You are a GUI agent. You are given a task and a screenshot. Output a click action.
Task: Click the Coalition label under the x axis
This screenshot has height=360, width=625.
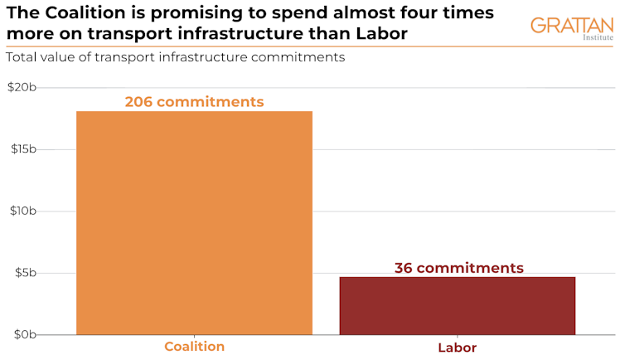pyautogui.click(x=194, y=347)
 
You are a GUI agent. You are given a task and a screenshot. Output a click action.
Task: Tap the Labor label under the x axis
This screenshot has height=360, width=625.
pyautogui.click(x=457, y=348)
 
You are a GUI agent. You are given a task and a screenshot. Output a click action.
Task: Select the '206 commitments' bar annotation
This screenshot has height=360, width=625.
pyautogui.click(x=194, y=102)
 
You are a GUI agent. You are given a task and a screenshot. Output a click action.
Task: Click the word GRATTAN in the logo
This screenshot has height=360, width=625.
pyautogui.click(x=573, y=25)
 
